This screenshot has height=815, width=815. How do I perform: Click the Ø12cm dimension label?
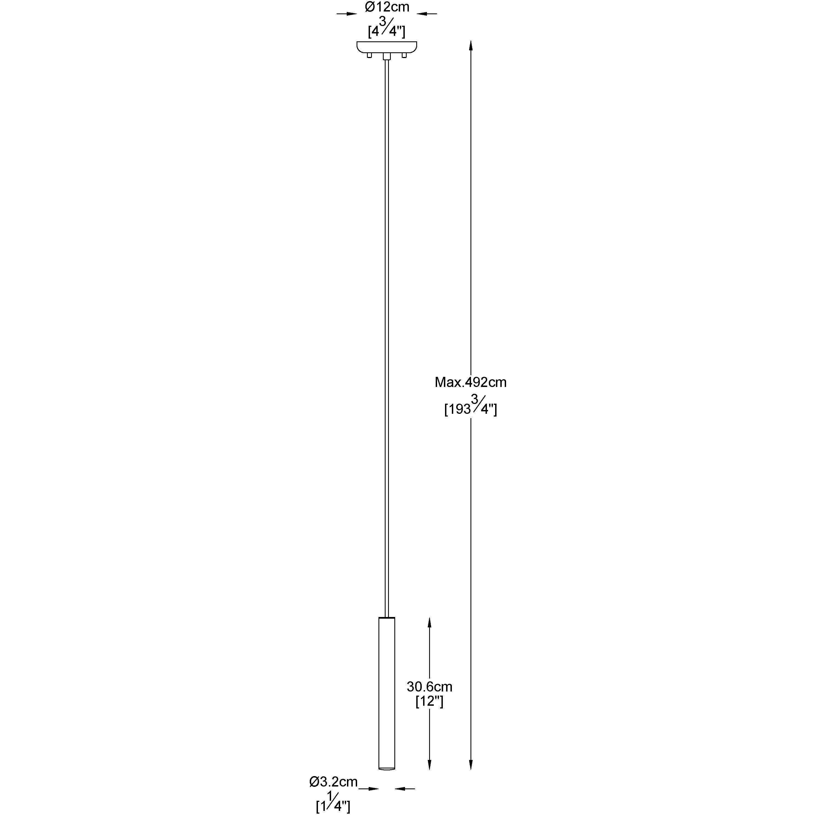pyautogui.click(x=387, y=7)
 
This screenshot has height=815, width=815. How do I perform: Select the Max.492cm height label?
pyautogui.click(x=470, y=382)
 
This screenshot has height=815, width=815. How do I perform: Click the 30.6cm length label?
pyautogui.click(x=429, y=687)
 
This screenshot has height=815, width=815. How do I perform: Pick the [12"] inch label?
pyautogui.click(x=429, y=702)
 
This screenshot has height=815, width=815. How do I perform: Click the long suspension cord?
pyautogui.click(x=387, y=337)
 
